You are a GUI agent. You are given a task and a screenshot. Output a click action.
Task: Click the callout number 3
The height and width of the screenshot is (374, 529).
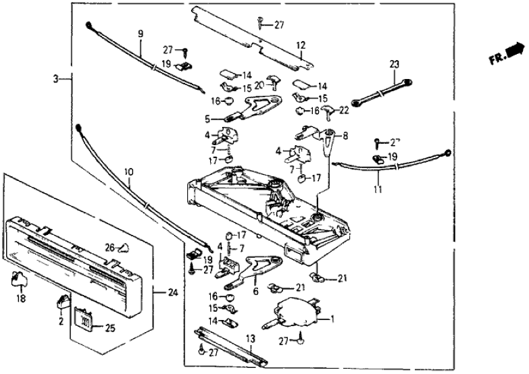tap(55, 79)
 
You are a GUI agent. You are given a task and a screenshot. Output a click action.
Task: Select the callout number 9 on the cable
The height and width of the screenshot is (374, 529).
tap(141, 33)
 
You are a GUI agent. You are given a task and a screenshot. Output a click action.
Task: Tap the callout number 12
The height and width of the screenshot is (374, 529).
tap(301, 45)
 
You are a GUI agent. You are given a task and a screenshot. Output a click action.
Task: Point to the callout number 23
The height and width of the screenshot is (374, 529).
tap(395, 64)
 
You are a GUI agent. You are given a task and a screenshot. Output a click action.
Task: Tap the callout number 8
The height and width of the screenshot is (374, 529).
tap(345, 135)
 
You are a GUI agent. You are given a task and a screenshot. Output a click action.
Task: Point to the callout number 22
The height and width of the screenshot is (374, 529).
tap(344, 111)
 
